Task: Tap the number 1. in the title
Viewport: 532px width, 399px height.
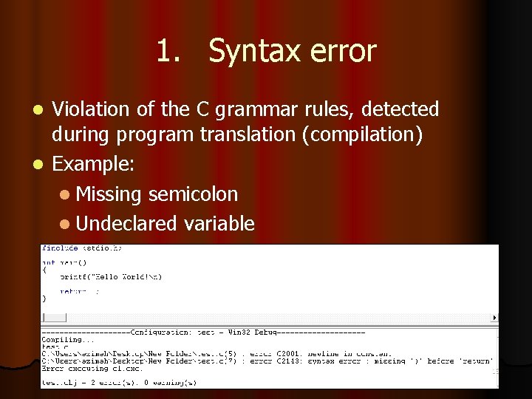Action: pyautogui.click(x=168, y=52)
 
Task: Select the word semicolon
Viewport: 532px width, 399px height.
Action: pyautogui.click(x=193, y=194)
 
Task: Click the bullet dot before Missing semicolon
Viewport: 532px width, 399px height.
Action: pyautogui.click(x=66, y=195)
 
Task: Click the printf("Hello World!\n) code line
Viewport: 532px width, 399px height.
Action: pyautogui.click(x=111, y=276)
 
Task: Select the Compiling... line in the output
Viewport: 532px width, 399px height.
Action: pyautogui.click(x=63, y=340)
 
